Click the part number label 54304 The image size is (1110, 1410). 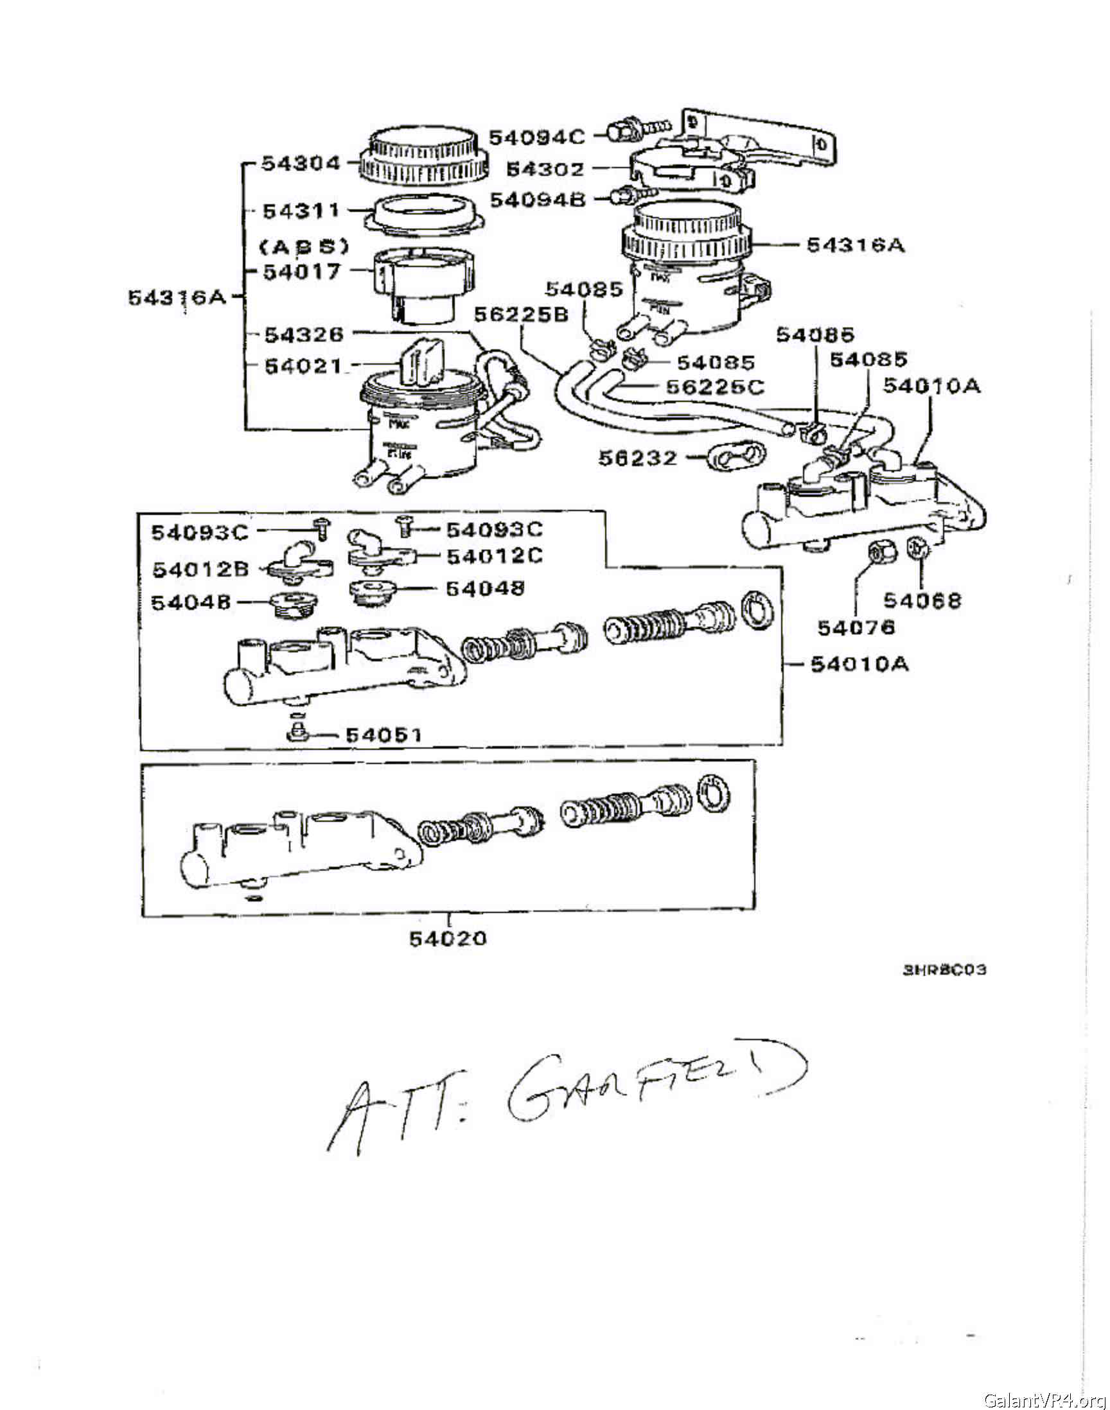(x=301, y=163)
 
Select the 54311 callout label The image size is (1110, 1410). (x=301, y=211)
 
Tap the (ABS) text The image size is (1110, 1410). (x=304, y=246)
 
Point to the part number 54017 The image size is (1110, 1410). (x=301, y=272)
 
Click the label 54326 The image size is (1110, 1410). (x=303, y=335)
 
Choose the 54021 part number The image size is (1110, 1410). (x=303, y=365)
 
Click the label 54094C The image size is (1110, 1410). (x=536, y=137)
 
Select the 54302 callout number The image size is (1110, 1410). (x=545, y=169)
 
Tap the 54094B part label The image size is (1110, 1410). (x=537, y=200)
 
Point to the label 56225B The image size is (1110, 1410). (x=520, y=315)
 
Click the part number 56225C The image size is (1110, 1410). (x=715, y=387)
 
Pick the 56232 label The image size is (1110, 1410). (x=637, y=458)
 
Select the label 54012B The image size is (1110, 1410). (x=200, y=570)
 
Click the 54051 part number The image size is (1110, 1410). (x=383, y=735)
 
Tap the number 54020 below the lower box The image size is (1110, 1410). (x=448, y=939)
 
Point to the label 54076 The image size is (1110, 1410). (x=856, y=627)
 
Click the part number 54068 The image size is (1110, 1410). (x=922, y=600)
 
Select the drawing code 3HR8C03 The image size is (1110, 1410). (x=944, y=970)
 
